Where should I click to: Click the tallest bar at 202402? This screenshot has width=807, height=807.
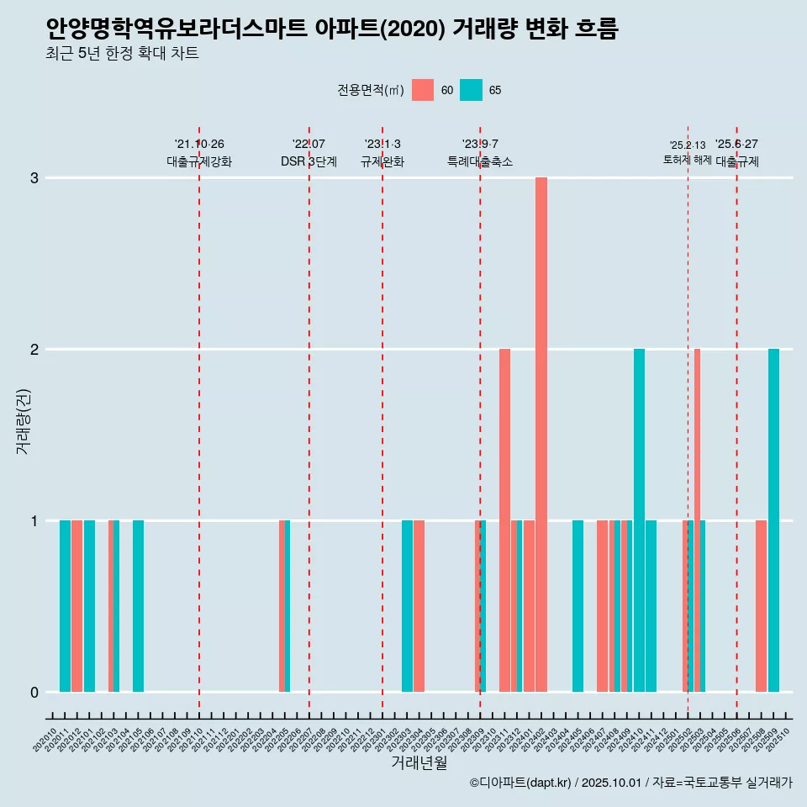(x=541, y=435)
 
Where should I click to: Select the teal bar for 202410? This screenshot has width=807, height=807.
(x=639, y=520)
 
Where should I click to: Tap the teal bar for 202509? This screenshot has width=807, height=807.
(x=773, y=520)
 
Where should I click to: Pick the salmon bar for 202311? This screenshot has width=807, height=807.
(x=504, y=520)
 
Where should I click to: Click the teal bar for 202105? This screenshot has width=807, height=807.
(x=138, y=606)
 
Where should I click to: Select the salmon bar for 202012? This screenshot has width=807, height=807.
(x=76, y=606)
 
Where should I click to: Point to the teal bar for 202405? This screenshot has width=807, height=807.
(x=578, y=606)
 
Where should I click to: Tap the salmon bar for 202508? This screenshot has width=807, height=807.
(x=761, y=606)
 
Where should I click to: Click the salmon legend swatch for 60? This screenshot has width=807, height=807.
(x=423, y=90)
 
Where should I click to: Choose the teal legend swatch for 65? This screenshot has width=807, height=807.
(x=472, y=90)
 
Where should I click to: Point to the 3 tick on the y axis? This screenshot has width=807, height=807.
(x=34, y=178)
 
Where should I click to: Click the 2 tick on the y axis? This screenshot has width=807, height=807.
(x=34, y=349)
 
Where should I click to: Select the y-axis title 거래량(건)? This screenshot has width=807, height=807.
(x=23, y=420)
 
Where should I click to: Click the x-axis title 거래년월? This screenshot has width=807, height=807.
(x=419, y=762)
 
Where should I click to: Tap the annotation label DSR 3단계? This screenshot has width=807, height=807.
(x=309, y=161)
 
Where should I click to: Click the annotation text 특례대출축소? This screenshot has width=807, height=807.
(x=479, y=161)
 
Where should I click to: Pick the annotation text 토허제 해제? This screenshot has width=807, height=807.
(x=687, y=160)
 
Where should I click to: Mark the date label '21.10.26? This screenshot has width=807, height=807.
(x=199, y=144)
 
